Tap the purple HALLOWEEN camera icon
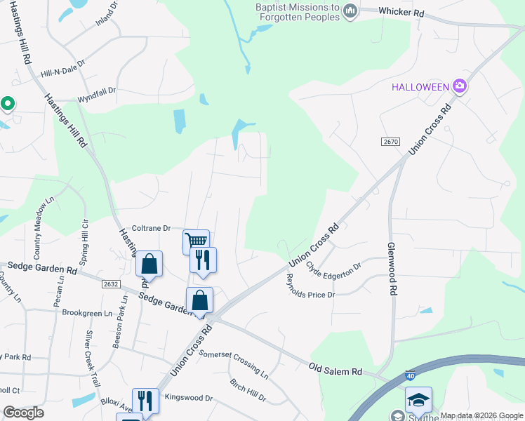(460, 86)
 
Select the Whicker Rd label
(401, 12)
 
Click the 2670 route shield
(391, 142)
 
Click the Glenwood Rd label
(394, 269)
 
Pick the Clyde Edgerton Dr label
(333, 267)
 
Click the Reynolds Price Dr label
(310, 286)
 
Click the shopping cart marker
(196, 241)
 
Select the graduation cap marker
(418, 400)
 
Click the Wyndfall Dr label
(96, 93)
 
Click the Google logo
(23, 413)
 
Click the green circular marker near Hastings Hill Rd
(8, 104)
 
